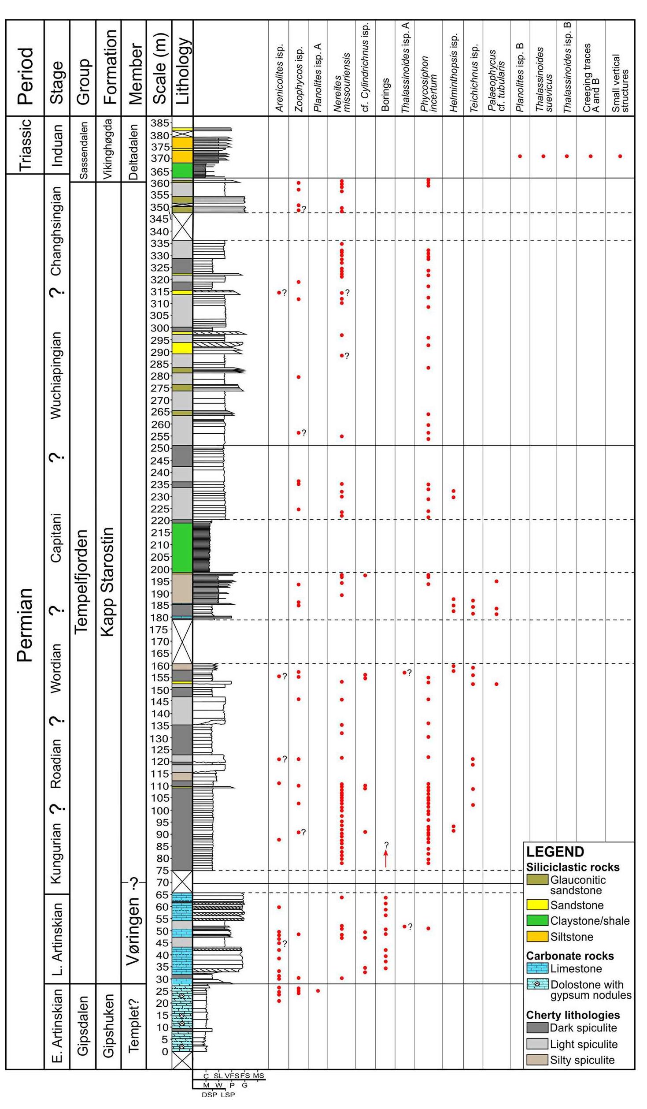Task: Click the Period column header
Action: tap(25, 75)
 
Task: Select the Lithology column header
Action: tap(182, 71)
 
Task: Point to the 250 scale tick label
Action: tap(159, 448)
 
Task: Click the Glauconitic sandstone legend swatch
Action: tap(537, 879)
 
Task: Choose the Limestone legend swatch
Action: tap(537, 968)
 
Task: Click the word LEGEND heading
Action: tap(555, 851)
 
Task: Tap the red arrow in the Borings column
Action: tap(386, 859)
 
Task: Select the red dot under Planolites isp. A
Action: tap(318, 991)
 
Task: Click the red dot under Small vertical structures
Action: tap(620, 156)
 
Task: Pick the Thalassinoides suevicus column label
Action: tap(543, 79)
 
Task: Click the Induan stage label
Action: tap(57, 145)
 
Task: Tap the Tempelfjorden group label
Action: tap(82, 581)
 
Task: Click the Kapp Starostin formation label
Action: tap(108, 581)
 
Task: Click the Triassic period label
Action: tap(25, 145)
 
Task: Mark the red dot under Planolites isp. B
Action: tap(520, 156)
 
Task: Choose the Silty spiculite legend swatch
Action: tap(537, 1060)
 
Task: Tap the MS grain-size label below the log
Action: tap(259, 1076)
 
